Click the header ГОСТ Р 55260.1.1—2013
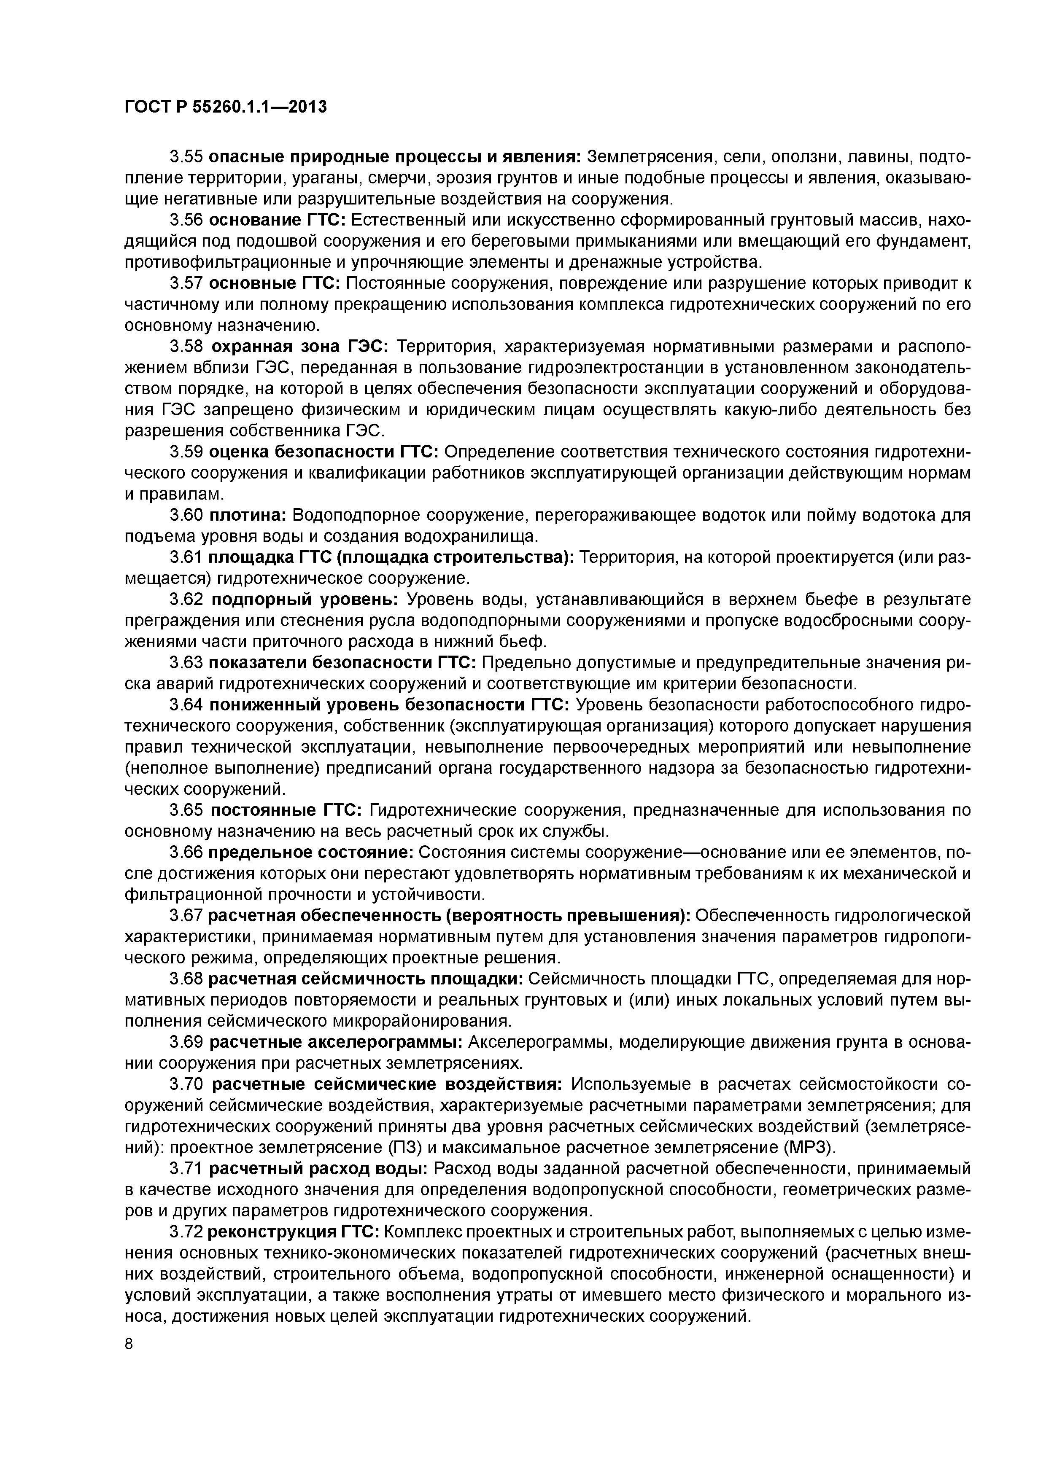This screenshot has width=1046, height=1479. (x=226, y=107)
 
